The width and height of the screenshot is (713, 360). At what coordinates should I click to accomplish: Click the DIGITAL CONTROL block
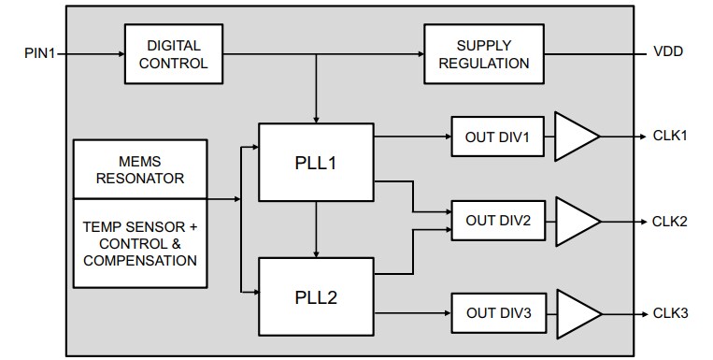click(x=174, y=54)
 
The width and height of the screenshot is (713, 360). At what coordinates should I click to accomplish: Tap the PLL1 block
click(x=316, y=162)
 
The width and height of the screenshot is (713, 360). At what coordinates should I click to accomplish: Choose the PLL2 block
click(x=316, y=297)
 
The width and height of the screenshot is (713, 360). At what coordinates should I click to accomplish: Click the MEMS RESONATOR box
click(x=140, y=168)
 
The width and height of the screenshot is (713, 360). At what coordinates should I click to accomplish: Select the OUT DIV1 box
click(x=497, y=137)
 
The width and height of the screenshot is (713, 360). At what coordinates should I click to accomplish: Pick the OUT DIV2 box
click(x=497, y=221)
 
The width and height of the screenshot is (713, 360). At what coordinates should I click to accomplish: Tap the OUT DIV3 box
click(x=497, y=313)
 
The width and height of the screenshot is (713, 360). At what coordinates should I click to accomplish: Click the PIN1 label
click(x=41, y=54)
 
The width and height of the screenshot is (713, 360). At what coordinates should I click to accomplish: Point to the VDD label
click(x=668, y=52)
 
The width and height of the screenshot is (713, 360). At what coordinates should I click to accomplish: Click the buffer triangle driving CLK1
click(x=574, y=137)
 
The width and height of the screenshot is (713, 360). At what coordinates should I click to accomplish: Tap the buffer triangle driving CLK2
click(x=574, y=222)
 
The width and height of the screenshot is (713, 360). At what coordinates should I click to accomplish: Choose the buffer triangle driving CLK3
click(x=574, y=313)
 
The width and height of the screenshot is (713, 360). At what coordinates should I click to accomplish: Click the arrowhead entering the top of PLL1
click(x=317, y=118)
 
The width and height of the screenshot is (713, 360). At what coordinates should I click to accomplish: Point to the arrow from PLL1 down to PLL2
click(x=317, y=229)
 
